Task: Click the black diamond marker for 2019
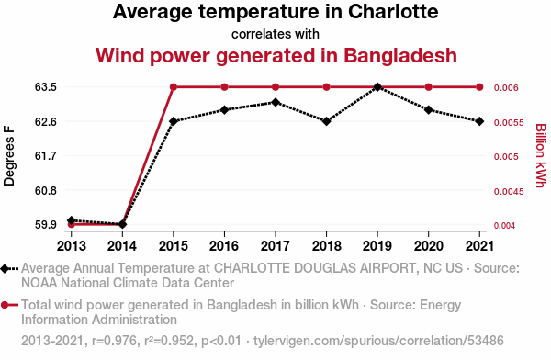tap(377, 87)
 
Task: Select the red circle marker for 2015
tap(174, 87)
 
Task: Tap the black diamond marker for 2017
tap(275, 102)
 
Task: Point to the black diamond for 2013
tap(72, 220)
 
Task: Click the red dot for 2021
tap(479, 87)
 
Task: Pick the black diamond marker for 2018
tap(326, 121)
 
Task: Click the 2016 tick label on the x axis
tap(224, 246)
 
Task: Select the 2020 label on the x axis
tap(428, 246)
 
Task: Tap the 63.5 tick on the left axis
tap(46, 87)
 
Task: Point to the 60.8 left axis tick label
tap(46, 190)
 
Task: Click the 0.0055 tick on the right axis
tap(509, 123)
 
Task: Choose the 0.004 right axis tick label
tap(504, 225)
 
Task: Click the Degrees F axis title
tap(9, 156)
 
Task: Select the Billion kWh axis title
tap(541, 156)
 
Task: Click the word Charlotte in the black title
tap(393, 12)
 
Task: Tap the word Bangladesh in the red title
tap(400, 56)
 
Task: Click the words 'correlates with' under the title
tap(275, 34)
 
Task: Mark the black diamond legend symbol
tap(5, 269)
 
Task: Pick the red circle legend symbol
tap(5, 305)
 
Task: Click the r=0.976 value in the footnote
tap(114, 341)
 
